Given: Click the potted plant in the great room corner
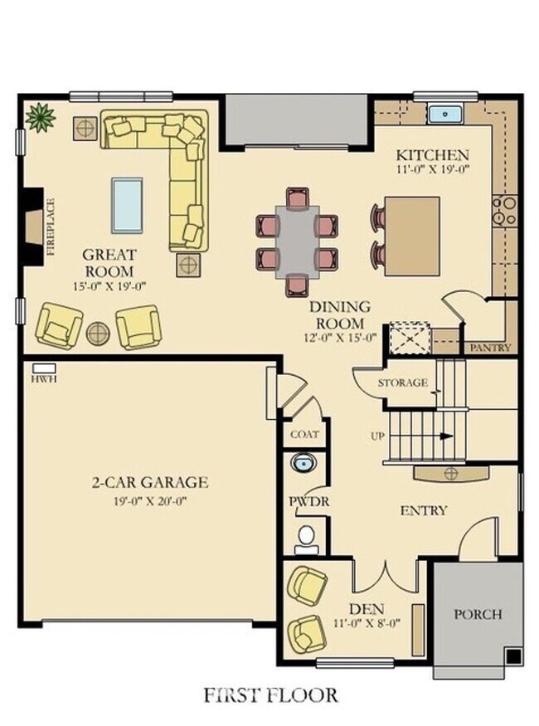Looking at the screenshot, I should pos(39,117).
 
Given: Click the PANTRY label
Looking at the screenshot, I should pos(490,348).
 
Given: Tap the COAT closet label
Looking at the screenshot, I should pos(304,434).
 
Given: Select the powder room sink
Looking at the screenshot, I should pos(303,462).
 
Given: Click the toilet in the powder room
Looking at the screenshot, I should pos(307,538).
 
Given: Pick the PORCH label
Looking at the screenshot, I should pos(478,615).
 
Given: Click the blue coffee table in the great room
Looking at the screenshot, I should pos(127,205).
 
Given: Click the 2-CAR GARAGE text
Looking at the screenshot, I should pos(150,482).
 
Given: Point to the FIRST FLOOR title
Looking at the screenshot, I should pos(271,693).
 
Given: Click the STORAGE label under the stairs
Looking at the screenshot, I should pos(402,383).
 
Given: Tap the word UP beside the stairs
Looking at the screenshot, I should pos(377,436).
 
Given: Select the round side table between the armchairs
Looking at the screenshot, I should pos(99,334).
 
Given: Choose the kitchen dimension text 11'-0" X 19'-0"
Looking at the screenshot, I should pos(432,169).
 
